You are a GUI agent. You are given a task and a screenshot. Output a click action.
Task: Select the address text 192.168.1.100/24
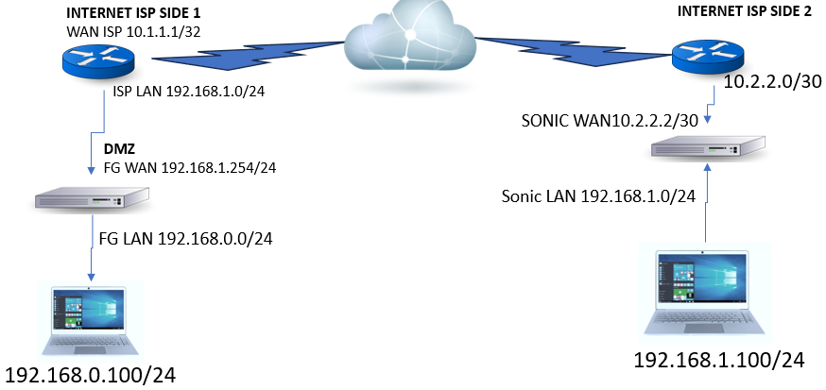[719, 360]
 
